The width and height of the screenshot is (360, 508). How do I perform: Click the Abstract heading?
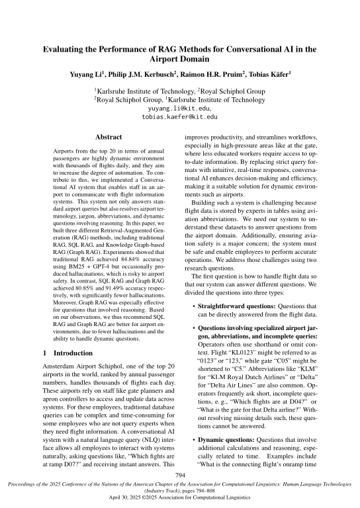[x=109, y=136]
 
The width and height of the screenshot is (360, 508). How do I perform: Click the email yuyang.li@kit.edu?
[x=180, y=106]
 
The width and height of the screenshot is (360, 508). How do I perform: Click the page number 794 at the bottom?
[x=180, y=475]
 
